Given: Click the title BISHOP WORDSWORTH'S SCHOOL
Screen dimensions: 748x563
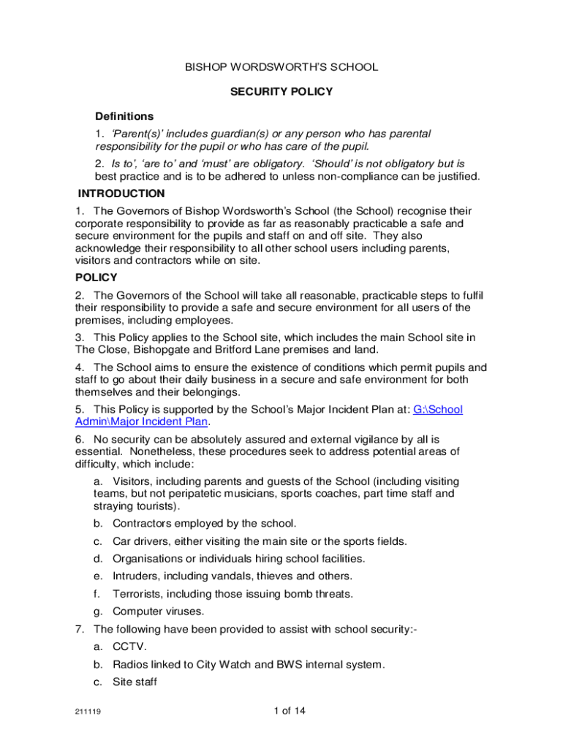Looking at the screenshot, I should tap(281, 67).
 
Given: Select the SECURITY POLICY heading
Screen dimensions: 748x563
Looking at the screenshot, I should tap(281, 92).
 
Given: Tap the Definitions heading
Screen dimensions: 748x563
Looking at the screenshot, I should tap(124, 116).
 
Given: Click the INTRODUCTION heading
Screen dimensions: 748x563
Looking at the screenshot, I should tap(121, 194).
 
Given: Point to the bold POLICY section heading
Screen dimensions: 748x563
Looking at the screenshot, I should tap(97, 278).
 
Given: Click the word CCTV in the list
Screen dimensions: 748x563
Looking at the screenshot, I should tap(129, 647).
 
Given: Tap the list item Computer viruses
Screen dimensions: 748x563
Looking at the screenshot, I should tap(159, 611).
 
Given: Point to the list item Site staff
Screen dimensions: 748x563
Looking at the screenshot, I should tap(135, 682).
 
